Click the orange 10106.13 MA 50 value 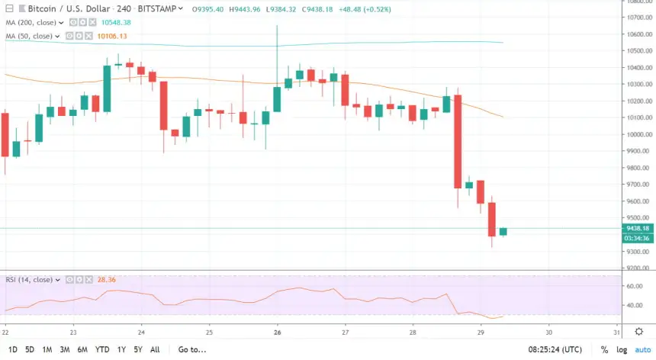tap(111, 35)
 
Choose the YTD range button tap(101, 349)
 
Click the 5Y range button tap(137, 349)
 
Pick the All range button tap(155, 349)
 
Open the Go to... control tap(191, 349)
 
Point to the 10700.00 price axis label tap(638, 17)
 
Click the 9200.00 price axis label tap(638, 268)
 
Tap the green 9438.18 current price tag tap(637, 228)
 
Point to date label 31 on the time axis tap(616, 332)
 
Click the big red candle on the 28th tap(458, 141)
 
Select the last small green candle tap(503, 231)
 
